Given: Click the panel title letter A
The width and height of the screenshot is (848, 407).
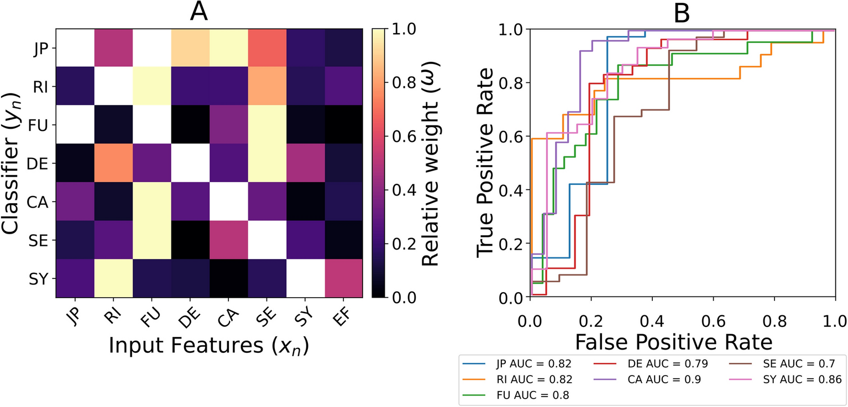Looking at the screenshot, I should pos(199,12).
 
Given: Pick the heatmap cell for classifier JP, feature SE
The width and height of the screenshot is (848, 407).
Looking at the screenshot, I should pos(266,48).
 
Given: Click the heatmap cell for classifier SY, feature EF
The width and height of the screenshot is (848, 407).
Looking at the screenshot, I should pos(343,278).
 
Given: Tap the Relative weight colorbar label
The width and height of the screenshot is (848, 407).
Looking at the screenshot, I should pos(431,163).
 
